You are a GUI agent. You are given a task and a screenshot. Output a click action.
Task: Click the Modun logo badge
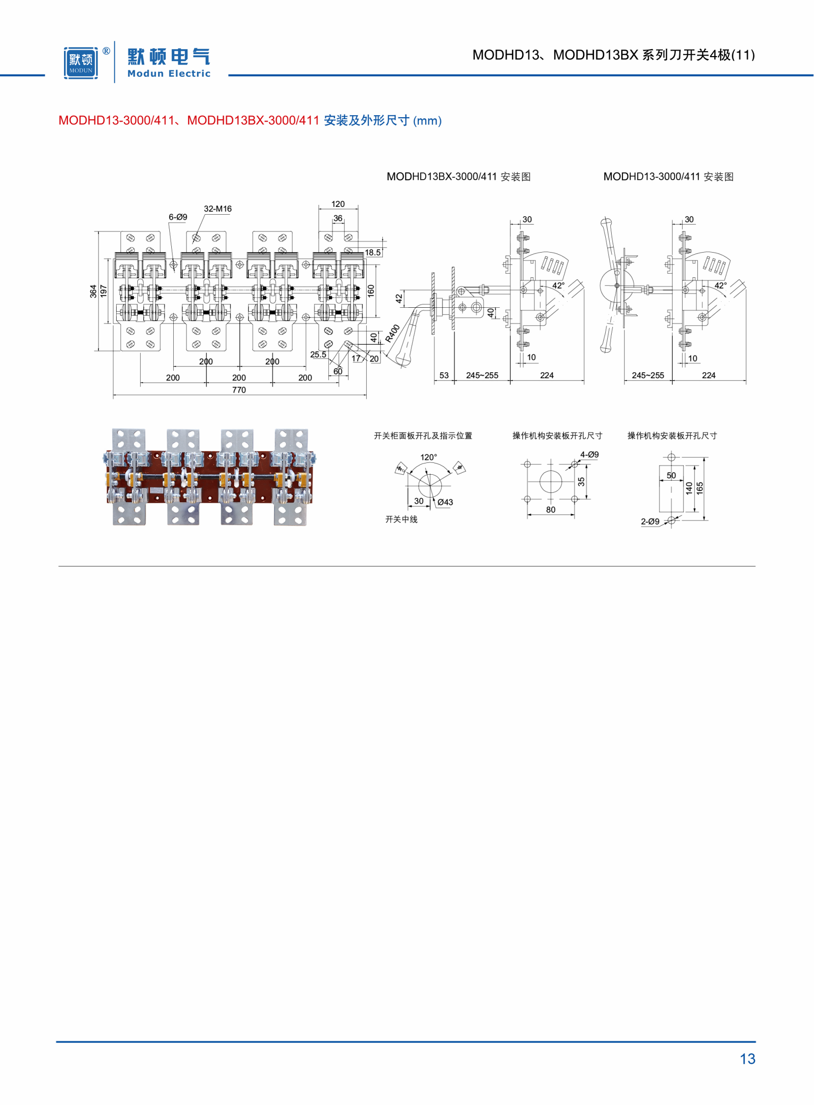click(x=81, y=63)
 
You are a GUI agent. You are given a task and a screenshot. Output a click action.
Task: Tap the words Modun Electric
click(x=169, y=73)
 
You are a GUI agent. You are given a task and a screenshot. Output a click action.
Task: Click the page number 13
click(x=748, y=1059)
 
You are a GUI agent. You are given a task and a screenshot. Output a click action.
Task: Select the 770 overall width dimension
click(x=239, y=390)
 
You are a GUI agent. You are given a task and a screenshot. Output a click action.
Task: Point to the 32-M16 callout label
click(x=218, y=209)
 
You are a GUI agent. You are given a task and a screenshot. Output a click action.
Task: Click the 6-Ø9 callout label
click(x=178, y=217)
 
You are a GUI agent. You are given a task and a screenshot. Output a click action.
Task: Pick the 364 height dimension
click(x=93, y=291)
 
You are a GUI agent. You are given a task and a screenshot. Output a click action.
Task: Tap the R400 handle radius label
click(x=393, y=333)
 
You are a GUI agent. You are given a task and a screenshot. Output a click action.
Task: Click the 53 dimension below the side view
click(x=444, y=375)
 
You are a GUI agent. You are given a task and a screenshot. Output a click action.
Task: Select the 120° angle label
click(x=429, y=457)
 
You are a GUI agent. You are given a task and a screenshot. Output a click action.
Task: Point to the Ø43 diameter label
click(x=445, y=502)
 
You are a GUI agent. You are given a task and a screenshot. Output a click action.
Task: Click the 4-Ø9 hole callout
click(x=589, y=455)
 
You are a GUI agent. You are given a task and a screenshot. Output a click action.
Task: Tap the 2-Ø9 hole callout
click(x=650, y=521)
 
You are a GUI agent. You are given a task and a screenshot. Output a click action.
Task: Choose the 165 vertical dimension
click(x=700, y=488)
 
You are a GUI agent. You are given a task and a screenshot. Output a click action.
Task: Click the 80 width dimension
click(x=550, y=510)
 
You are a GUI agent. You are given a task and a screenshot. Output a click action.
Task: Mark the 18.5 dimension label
click(x=373, y=253)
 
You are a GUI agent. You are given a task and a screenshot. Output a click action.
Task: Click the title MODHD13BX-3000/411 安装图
click(x=459, y=176)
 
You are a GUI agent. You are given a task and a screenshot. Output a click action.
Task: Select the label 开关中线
click(x=401, y=519)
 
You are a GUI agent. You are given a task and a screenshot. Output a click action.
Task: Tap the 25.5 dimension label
click(x=318, y=355)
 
